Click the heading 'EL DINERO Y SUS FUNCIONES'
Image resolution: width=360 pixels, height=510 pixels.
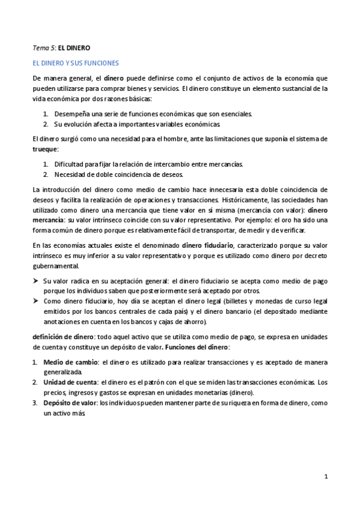point(76,63)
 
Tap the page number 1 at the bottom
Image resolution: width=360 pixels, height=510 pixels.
point(326,477)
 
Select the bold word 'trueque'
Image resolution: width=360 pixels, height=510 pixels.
point(45,149)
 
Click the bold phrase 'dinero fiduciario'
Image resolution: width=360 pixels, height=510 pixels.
point(208,245)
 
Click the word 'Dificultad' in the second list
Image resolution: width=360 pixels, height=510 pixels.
point(70,164)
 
